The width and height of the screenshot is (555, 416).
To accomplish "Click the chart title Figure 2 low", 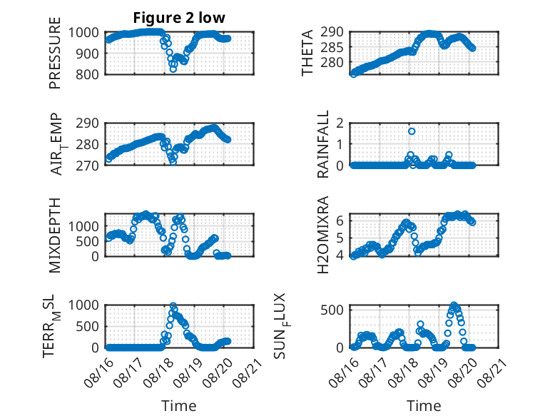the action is tap(179, 18).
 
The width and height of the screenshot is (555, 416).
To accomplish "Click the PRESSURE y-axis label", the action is tap(55, 53).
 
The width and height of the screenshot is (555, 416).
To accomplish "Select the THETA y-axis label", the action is tap(307, 53).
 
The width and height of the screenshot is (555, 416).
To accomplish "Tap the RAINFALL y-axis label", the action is tap(323, 143).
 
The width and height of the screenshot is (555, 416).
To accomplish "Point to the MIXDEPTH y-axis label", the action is tap(55, 235).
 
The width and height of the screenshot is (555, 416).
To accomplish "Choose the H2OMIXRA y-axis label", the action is tap(323, 235).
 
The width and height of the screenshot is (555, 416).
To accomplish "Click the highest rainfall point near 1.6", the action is tap(412, 131).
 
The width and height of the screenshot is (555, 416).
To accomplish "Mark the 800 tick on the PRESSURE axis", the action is tap(88, 75).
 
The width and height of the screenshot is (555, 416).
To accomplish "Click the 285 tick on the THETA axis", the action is tap(332, 47).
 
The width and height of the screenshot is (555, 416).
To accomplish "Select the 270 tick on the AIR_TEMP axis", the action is tap(88, 166).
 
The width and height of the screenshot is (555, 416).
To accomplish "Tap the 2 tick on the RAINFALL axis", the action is tap(340, 123).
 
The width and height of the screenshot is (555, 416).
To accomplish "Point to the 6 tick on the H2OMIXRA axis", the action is tap(340, 220).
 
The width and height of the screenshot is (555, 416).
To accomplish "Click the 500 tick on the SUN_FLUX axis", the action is tap(332, 310).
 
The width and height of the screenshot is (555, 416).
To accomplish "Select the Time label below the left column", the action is tap(179, 406).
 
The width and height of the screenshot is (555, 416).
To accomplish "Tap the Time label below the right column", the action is tap(424, 406).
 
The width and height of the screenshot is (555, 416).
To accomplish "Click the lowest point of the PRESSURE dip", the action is tap(173, 69).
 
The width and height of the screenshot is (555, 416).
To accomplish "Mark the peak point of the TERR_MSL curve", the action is tap(173, 305).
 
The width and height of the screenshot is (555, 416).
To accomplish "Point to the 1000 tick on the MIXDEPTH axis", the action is tap(83, 226).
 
